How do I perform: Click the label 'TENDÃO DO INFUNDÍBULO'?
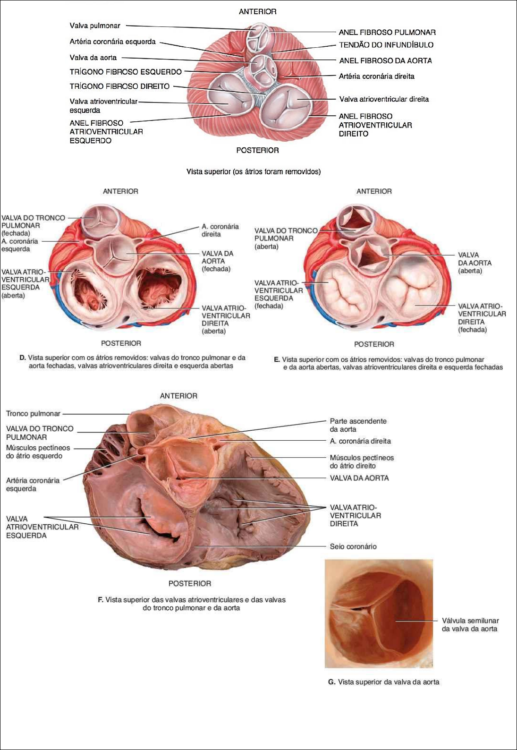click(x=386, y=45)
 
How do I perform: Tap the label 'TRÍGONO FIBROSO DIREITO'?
click(x=119, y=86)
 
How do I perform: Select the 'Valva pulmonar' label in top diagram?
click(x=95, y=26)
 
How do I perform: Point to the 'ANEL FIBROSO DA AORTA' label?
click(x=385, y=60)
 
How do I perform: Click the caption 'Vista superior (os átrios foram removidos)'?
click(x=254, y=172)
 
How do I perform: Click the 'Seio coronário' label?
click(x=353, y=546)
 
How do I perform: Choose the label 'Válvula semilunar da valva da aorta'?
click(x=470, y=624)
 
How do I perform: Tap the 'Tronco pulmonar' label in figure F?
click(x=33, y=414)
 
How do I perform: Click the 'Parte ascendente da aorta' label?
click(x=358, y=425)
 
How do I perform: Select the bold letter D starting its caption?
click(x=22, y=358)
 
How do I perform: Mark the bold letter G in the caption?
click(x=331, y=682)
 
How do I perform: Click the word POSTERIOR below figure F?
click(x=190, y=584)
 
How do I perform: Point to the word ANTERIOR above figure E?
click(x=374, y=191)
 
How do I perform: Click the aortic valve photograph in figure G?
click(x=379, y=614)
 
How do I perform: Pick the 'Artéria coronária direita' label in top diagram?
click(x=376, y=76)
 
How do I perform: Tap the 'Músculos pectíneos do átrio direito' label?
click(x=361, y=461)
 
